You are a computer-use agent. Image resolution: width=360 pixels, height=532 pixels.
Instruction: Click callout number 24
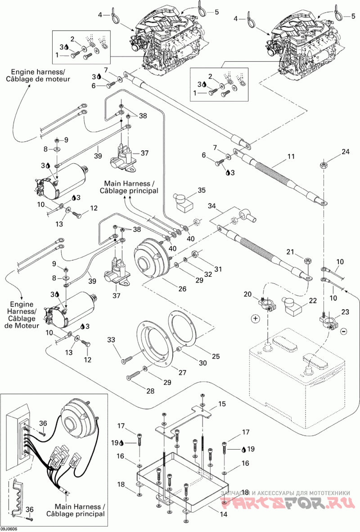point(345,152)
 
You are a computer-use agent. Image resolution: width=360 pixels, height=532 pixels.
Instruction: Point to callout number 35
point(202,190)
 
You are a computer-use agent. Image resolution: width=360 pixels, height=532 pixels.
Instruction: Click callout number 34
point(211,206)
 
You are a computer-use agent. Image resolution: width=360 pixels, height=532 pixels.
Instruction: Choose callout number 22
point(312,300)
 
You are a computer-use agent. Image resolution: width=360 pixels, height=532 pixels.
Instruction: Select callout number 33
point(112,339)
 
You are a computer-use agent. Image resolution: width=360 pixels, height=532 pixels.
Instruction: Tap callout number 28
point(150,391)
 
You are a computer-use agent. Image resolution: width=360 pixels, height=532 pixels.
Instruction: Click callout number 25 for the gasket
point(216,356)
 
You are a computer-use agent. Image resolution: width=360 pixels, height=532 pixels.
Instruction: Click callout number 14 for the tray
point(223,514)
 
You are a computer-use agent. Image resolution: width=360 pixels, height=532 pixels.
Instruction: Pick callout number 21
point(290,252)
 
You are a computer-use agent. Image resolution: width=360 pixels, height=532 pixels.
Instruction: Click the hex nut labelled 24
point(324,165)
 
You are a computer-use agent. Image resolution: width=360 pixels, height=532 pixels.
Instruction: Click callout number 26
point(183,289)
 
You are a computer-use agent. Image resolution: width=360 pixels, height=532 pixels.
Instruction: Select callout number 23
point(345,312)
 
